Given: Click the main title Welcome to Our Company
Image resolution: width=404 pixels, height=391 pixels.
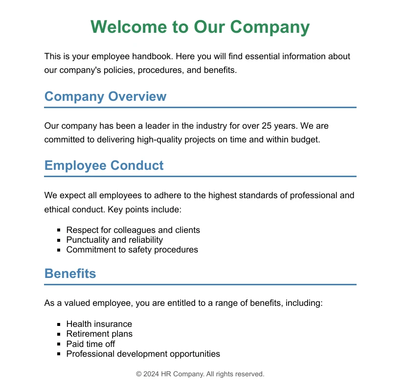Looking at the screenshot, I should (x=200, y=27).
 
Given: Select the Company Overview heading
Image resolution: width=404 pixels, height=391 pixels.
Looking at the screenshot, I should (x=105, y=96).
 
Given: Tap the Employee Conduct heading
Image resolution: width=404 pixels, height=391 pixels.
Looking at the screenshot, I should (x=104, y=165).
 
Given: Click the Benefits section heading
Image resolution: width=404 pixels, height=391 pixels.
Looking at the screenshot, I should (x=70, y=274).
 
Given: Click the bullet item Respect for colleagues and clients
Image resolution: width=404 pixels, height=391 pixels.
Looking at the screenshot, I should (x=133, y=230).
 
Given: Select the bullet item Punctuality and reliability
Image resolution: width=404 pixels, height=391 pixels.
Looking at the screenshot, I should (x=114, y=240).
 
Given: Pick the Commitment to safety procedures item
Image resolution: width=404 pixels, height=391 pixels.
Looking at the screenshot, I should (x=132, y=250).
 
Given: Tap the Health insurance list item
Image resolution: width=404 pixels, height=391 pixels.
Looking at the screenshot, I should (x=99, y=324).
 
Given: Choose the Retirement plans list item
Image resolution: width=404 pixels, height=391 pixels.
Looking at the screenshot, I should (x=99, y=334).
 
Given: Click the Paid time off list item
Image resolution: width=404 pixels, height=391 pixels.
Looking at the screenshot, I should (x=90, y=344).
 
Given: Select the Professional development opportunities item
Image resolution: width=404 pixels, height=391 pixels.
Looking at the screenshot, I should (x=143, y=354).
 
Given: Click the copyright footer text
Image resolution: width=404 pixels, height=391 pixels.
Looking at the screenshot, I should (x=200, y=374).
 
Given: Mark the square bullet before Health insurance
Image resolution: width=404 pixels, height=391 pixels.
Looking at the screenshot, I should (x=59, y=324).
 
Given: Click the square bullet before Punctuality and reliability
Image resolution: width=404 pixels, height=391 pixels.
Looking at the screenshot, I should (x=59, y=240).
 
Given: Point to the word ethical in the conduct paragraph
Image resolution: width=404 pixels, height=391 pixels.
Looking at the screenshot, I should (x=57, y=209).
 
